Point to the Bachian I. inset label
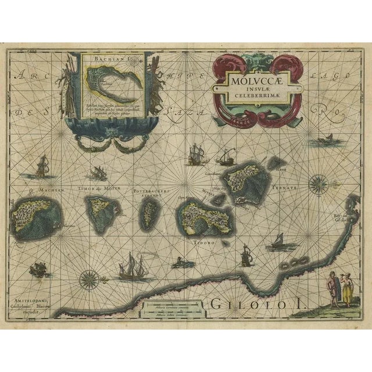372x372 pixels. click(101, 60)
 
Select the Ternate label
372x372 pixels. click(287, 189)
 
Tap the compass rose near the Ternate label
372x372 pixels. click(319, 184)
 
